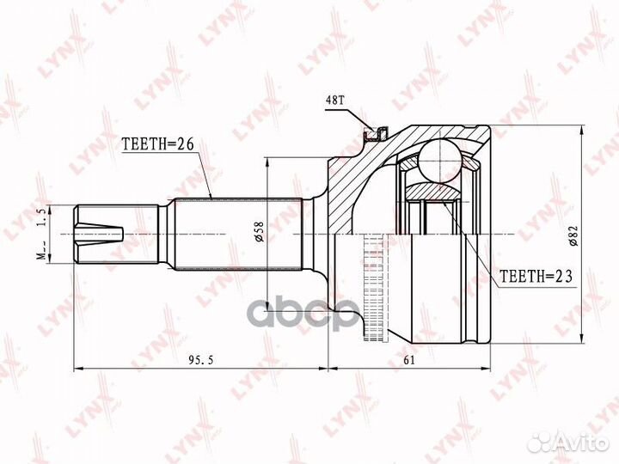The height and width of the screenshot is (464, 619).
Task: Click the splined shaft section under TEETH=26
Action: pyautogui.click(x=236, y=233)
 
